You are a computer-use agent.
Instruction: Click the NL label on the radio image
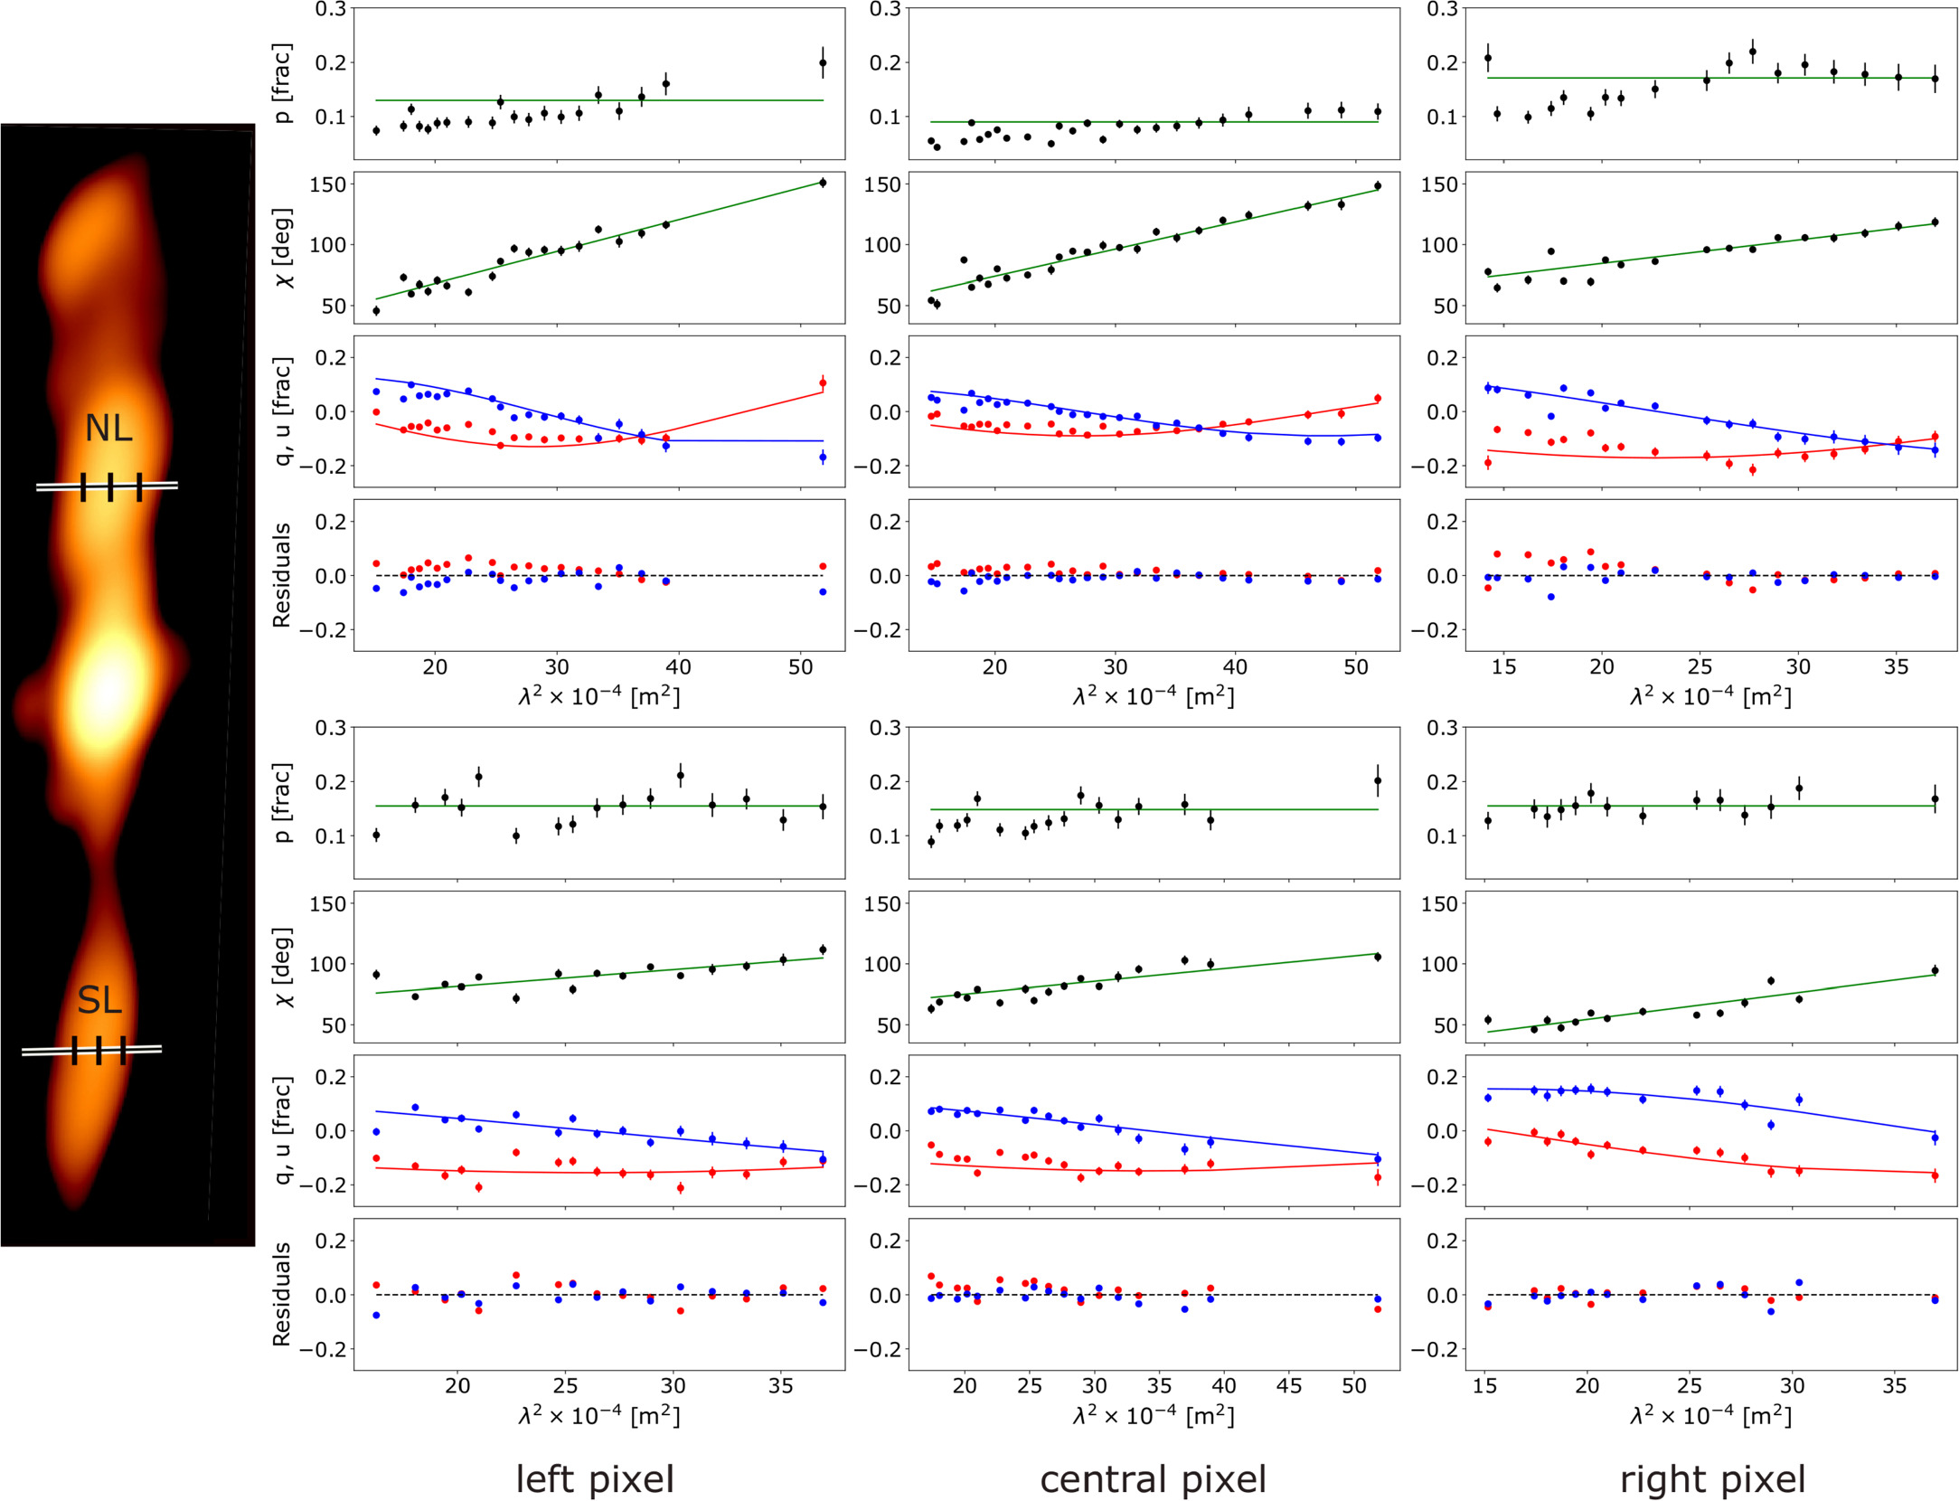(x=108, y=428)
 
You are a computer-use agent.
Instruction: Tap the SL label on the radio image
(x=99, y=1000)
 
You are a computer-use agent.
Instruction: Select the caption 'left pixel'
(x=595, y=1479)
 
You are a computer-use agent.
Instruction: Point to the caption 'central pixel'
(x=1153, y=1479)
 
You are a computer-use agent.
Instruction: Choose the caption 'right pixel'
(x=1712, y=1479)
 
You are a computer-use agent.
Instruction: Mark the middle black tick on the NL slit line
(x=110, y=486)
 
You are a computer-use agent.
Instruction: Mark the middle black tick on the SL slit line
(x=99, y=1050)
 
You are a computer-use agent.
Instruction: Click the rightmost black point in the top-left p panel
(x=823, y=63)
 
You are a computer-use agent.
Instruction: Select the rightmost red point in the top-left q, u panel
(x=823, y=383)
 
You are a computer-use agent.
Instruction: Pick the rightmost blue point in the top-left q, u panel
(x=823, y=458)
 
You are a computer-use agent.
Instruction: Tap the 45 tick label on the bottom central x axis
(x=1289, y=1386)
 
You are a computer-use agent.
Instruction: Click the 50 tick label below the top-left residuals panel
(x=800, y=667)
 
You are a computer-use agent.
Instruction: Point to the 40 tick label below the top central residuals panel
(x=1235, y=667)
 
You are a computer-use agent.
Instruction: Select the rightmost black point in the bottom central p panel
(x=1378, y=780)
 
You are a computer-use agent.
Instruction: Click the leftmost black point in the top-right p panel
(x=1488, y=58)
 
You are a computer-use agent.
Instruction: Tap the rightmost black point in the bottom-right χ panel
(x=1935, y=971)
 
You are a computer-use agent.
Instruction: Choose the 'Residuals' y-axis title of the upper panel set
(x=281, y=575)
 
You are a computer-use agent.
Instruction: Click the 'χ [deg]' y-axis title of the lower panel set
(x=281, y=966)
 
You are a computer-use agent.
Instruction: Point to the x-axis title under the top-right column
(x=1710, y=696)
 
